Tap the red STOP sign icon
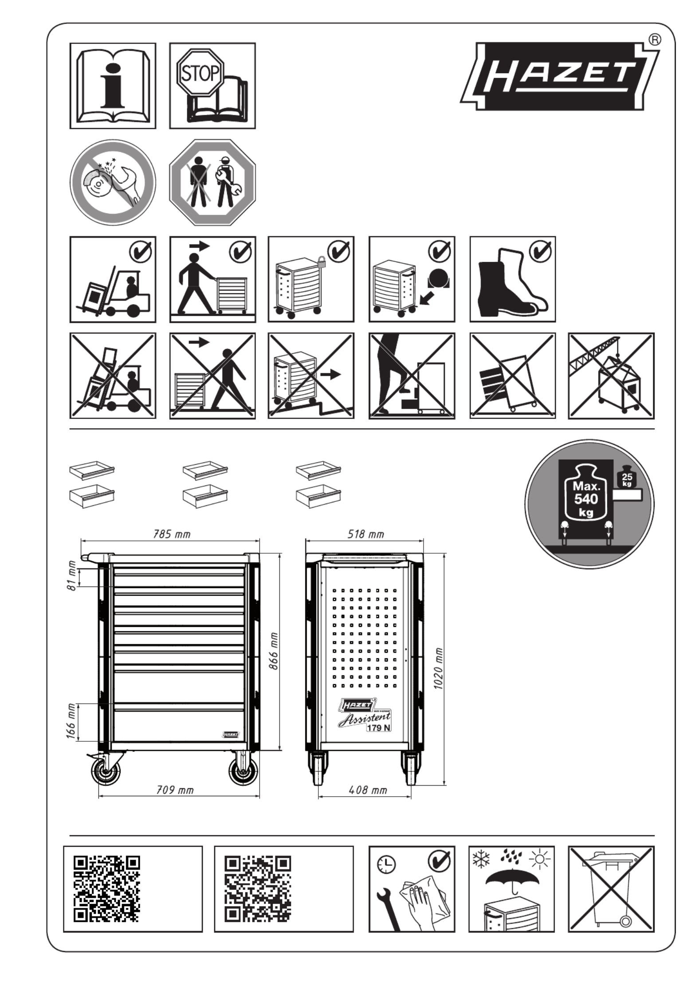(200, 72)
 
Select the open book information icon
(113, 86)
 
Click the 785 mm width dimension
(172, 534)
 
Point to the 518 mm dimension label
(365, 534)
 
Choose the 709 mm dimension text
(175, 790)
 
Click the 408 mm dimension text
(368, 790)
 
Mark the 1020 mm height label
(438, 668)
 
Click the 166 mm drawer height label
(71, 721)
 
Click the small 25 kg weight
(626, 477)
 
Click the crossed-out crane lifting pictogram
(611, 376)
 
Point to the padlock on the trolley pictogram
(322, 262)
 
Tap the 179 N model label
(378, 728)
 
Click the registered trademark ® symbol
(655, 39)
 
